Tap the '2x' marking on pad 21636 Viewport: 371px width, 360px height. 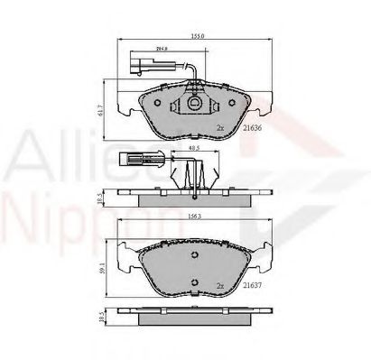pos(219,129)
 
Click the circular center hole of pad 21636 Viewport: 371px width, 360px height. pos(194,106)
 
